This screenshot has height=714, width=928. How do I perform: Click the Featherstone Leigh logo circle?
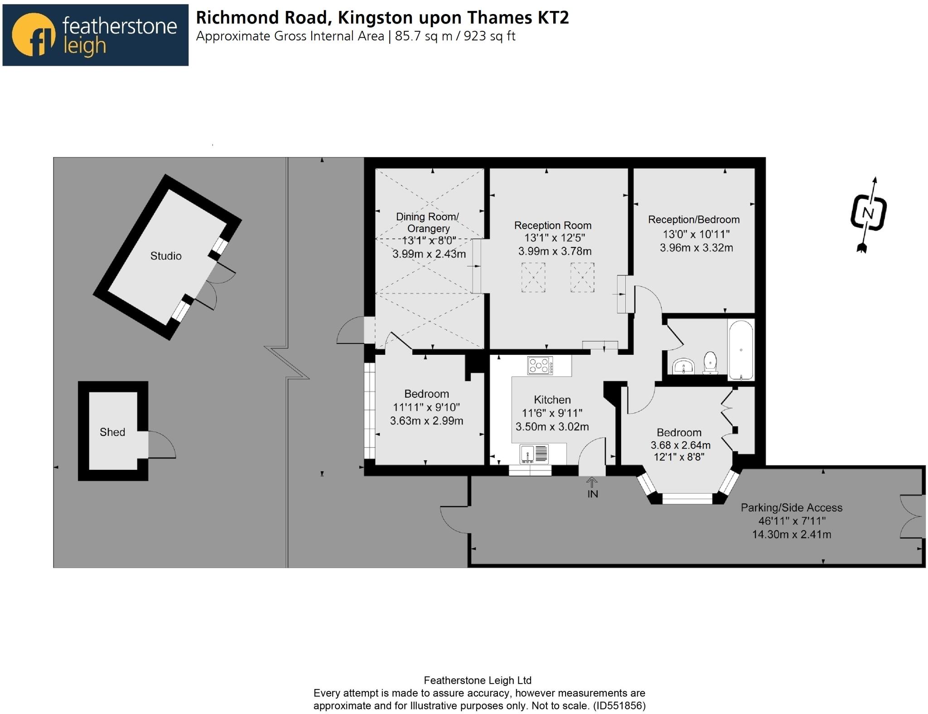pos(33,35)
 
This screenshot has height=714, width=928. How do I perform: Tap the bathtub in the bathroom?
pos(740,349)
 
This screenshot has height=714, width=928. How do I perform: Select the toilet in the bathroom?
pos(710,362)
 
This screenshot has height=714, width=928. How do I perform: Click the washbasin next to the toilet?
pos(683,366)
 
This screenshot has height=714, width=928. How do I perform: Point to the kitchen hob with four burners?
pos(540,366)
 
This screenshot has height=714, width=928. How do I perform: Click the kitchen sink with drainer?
pos(534,453)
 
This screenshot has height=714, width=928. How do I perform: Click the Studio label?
pos(166,256)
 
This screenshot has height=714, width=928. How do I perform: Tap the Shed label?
pos(112,432)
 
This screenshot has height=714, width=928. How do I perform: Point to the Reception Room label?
pos(552,225)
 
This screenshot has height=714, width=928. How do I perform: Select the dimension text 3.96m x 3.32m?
pos(696,248)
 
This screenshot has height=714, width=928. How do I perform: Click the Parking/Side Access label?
pos(791,507)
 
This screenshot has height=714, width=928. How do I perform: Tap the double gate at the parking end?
pos(911,516)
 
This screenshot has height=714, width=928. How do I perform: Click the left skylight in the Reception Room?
pos(533,277)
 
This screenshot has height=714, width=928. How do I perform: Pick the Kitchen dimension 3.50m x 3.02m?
pos(552,426)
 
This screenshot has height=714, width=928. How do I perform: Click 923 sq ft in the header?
pos(489,36)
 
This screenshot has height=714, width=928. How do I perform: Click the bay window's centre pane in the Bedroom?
pos(687,498)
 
